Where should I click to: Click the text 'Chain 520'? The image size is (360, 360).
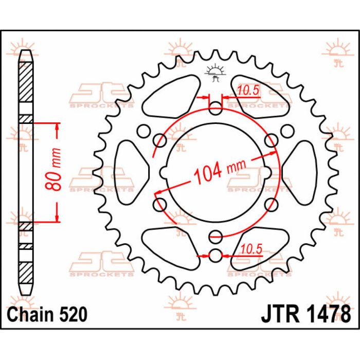point(47,313)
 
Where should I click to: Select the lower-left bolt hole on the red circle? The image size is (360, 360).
point(160,203)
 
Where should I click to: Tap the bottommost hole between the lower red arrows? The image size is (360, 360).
point(215,254)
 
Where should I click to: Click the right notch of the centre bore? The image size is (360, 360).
point(268,171)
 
